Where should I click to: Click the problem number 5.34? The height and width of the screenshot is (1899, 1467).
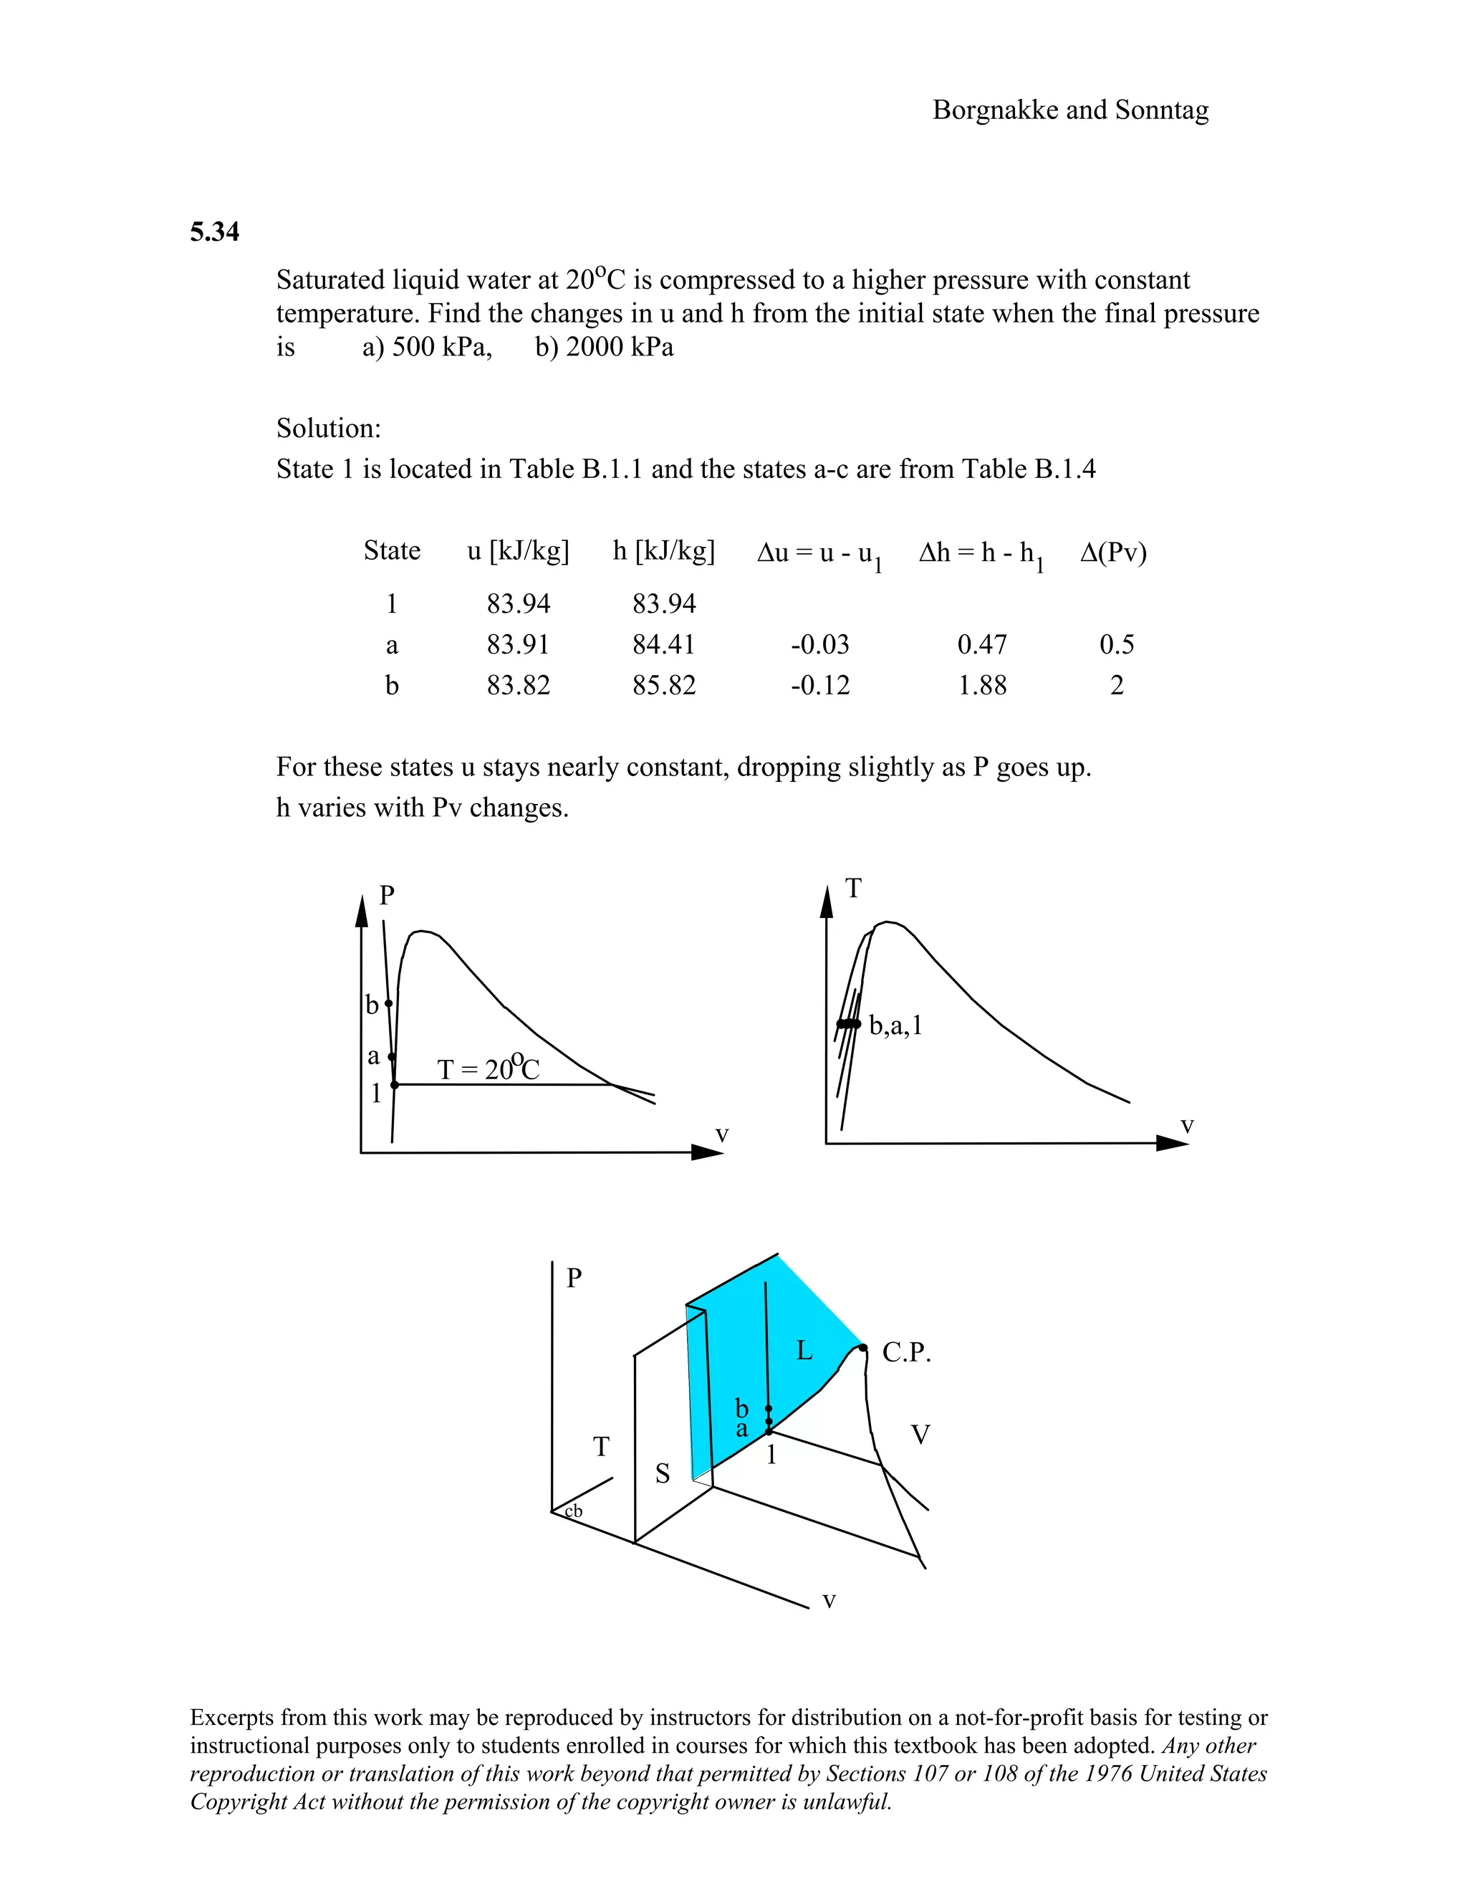tap(215, 232)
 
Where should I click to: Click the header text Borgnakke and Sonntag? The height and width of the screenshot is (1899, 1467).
tap(1070, 110)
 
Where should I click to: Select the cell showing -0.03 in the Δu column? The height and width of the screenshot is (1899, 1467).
tap(819, 644)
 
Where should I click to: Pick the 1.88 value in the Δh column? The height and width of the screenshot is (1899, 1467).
tap(982, 685)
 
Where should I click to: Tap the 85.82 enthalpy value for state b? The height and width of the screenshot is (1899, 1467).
tap(664, 685)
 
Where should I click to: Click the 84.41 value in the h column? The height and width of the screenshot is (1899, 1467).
tap(664, 644)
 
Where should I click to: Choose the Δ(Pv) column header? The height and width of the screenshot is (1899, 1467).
tap(1113, 552)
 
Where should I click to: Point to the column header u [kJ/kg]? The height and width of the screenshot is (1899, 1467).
tap(518, 551)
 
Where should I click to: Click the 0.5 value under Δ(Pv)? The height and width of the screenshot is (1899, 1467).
tap(1117, 644)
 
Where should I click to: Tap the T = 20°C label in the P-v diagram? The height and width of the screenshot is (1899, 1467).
tap(488, 1068)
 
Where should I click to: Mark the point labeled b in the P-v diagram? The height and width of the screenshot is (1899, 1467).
tap(388, 1003)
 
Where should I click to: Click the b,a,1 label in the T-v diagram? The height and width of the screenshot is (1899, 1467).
tap(895, 1026)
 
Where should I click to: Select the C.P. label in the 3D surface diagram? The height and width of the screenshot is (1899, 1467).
tap(905, 1353)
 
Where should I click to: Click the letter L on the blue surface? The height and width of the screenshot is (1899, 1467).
tap(804, 1350)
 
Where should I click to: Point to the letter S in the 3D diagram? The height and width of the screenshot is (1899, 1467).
tap(663, 1473)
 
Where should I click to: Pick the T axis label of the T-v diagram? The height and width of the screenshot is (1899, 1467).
tap(853, 889)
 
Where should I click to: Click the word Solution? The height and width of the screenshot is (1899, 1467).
tap(329, 429)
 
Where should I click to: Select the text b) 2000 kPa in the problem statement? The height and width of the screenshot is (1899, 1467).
tap(604, 347)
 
